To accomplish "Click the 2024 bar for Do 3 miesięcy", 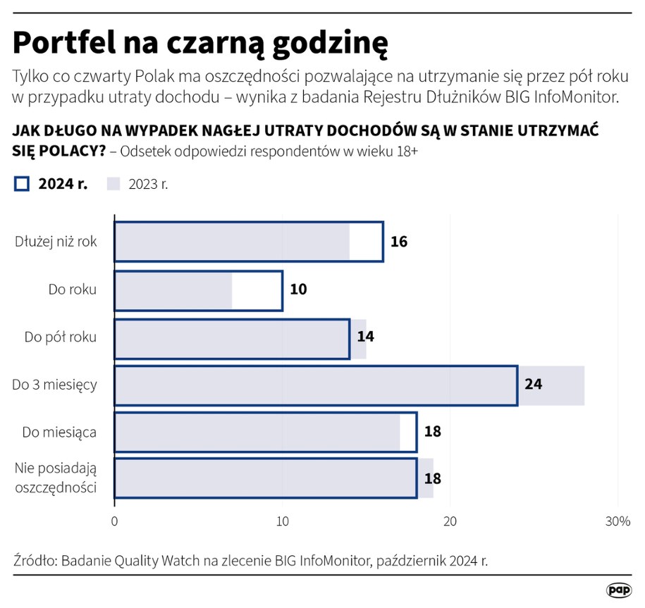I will [x=316, y=385].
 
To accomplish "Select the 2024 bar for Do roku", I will [x=198, y=291].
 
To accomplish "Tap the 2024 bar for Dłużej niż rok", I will [x=249, y=242].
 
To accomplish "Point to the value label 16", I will [x=399, y=242].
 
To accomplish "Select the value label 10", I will [x=298, y=289].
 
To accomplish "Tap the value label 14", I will [x=365, y=336].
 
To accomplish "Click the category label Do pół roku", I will [x=60, y=337].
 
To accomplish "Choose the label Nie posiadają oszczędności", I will [x=56, y=478].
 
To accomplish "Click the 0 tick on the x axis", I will [x=114, y=521].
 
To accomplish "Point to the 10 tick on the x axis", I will [x=283, y=521].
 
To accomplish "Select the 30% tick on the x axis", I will [x=618, y=521].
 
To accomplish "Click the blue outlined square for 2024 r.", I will [x=21, y=184].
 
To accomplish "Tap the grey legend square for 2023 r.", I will [x=114, y=184].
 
